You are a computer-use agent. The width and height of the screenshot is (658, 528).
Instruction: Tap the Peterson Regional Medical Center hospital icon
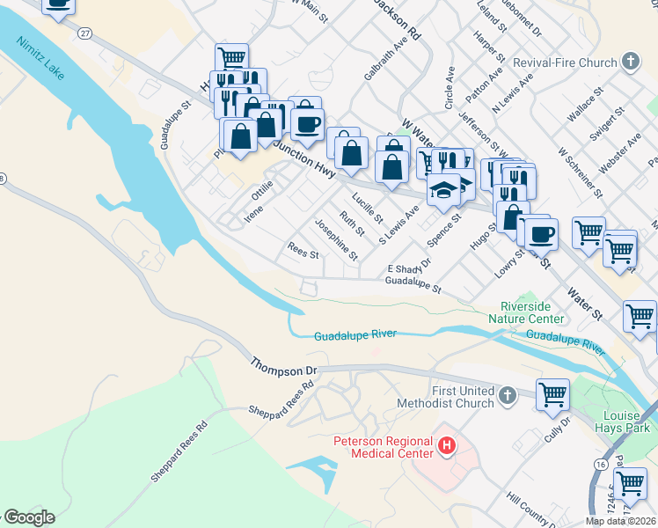(x=447, y=447)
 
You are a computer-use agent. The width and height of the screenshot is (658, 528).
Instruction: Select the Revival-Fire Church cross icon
(x=630, y=62)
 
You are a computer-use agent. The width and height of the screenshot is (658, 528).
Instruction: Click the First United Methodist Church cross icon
(x=508, y=397)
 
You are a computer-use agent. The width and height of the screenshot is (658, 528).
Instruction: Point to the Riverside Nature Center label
(x=526, y=312)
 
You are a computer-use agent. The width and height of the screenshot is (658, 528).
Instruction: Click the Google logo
(x=28, y=517)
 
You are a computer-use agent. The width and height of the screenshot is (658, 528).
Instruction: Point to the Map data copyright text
(x=619, y=521)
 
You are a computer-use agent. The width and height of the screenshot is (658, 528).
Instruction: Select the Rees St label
(x=303, y=250)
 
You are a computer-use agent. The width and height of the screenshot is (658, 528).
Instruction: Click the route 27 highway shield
(x=84, y=33)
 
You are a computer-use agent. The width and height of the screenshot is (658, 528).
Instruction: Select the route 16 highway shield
(x=599, y=462)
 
